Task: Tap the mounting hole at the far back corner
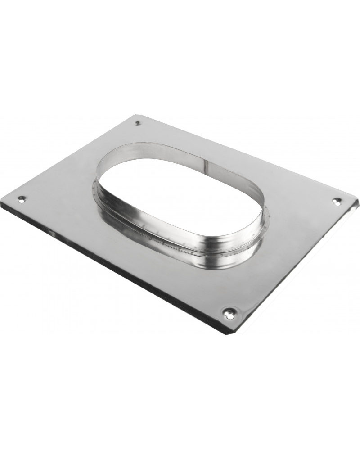tap(138, 122)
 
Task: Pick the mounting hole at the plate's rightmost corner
tap(336, 201)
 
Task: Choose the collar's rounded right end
tap(263, 216)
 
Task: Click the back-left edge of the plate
tap(67, 157)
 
